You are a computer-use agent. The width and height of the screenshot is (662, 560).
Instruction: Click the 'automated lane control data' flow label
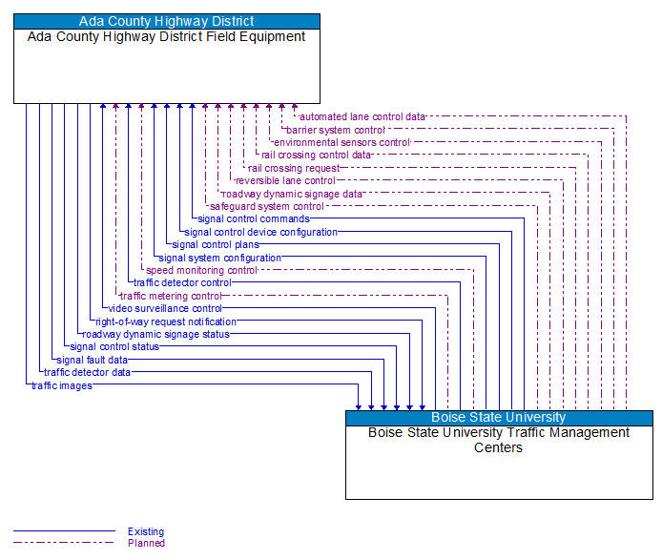coord(362,116)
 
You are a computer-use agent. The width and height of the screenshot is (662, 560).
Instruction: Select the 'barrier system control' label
coord(336,130)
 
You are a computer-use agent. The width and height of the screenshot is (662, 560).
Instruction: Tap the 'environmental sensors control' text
coord(341,142)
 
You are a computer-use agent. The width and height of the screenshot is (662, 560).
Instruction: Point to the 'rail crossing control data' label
coord(316,155)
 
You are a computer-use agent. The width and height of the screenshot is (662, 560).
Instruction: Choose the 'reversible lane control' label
coord(285,180)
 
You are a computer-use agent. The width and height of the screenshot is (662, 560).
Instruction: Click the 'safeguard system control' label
coord(267,206)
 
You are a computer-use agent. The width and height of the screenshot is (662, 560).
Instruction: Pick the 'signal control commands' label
coord(254,218)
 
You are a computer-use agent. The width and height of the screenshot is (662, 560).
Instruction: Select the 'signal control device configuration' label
coord(261,232)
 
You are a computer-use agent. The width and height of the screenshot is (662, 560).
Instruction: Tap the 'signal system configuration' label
coord(220,258)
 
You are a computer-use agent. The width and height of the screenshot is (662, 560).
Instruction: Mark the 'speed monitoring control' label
coord(201,270)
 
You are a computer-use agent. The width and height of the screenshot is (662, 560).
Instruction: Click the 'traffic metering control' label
coord(171,296)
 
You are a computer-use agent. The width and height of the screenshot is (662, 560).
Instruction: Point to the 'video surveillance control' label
coord(165,308)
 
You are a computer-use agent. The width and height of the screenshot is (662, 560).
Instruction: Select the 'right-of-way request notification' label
coord(166,321)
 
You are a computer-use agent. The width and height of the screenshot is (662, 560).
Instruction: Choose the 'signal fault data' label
coord(93,360)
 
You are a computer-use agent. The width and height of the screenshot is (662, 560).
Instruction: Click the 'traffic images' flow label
coord(62,385)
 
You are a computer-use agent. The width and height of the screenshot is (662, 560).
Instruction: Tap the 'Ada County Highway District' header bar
coord(167,21)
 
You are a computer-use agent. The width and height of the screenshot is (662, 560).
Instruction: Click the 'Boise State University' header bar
coord(499,417)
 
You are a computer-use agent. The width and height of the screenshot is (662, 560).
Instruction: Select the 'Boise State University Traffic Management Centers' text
coord(499,440)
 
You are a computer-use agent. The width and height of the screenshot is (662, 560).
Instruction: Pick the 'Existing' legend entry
coord(146,531)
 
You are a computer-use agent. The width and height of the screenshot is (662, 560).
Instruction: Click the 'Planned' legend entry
coord(146,543)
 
